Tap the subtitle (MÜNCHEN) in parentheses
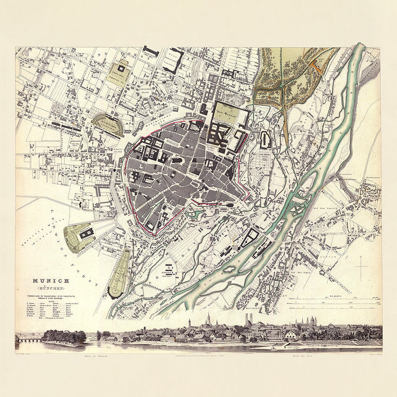click(45, 288)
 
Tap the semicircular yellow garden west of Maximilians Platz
click(108, 125)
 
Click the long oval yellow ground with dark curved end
click(119, 273)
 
